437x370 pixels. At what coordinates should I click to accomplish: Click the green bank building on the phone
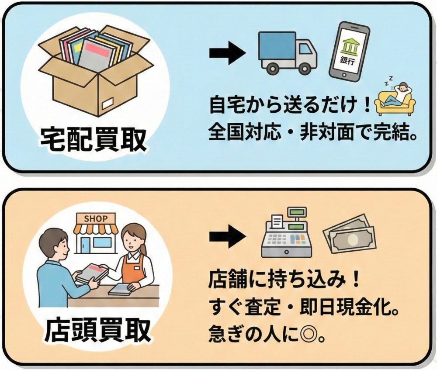[x=350, y=45]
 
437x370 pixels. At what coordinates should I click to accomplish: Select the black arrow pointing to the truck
[x=228, y=53]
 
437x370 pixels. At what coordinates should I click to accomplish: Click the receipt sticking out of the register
[x=276, y=222]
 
